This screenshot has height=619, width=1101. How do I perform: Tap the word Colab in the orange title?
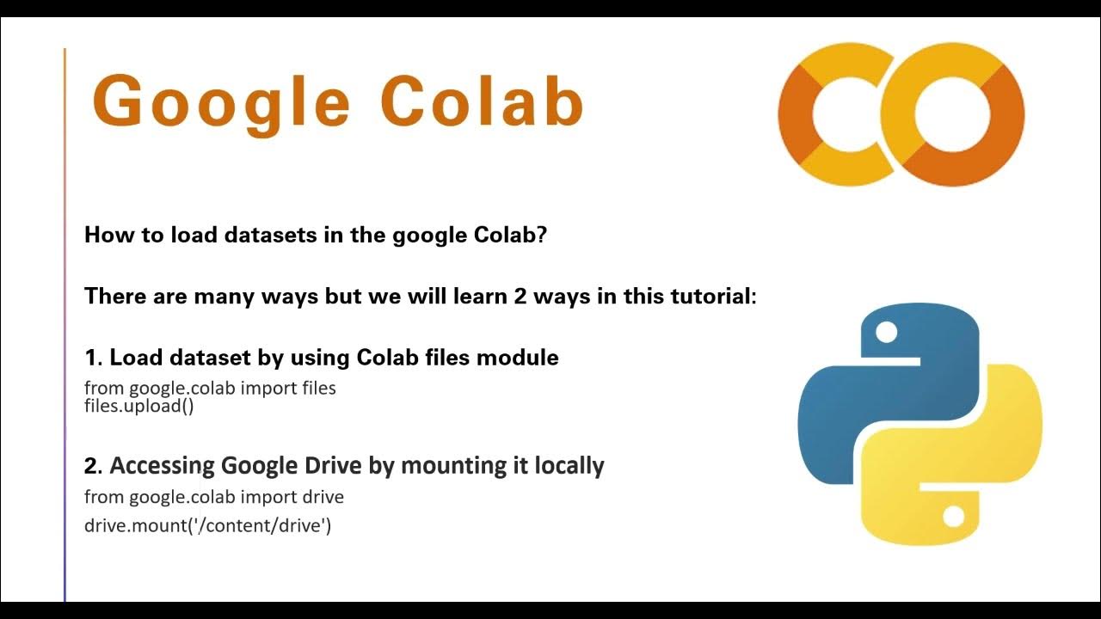[x=482, y=101]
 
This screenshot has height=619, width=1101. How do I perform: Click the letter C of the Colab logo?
[x=833, y=114]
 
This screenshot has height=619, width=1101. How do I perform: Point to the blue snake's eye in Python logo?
[x=886, y=332]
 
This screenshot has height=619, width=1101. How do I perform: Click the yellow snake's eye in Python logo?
[x=953, y=516]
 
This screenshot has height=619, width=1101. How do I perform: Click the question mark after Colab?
[x=541, y=235]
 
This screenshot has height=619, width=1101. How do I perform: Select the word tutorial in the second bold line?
[x=707, y=297]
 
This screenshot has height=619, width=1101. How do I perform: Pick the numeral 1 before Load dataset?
[x=90, y=358]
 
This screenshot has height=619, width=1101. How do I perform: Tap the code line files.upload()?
[x=138, y=406]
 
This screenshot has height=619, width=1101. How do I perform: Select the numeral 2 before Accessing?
[x=91, y=466]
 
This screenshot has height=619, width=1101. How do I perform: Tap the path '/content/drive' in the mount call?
[x=265, y=524]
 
